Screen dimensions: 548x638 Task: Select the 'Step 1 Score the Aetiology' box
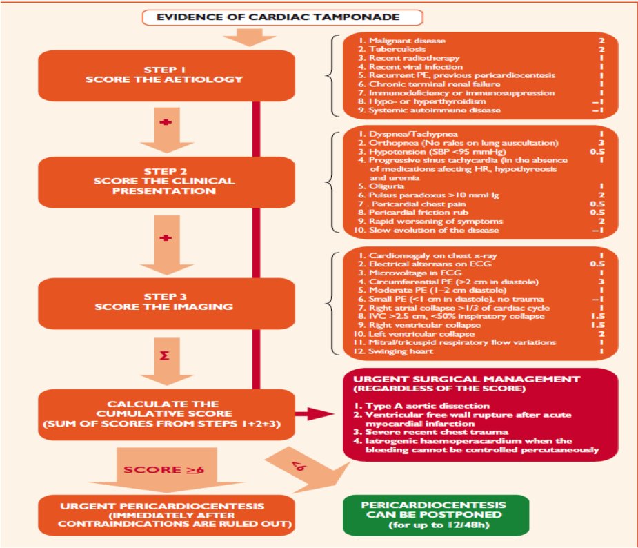pyautogui.click(x=163, y=73)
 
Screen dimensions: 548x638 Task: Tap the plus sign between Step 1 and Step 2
pyautogui.click(x=165, y=121)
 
